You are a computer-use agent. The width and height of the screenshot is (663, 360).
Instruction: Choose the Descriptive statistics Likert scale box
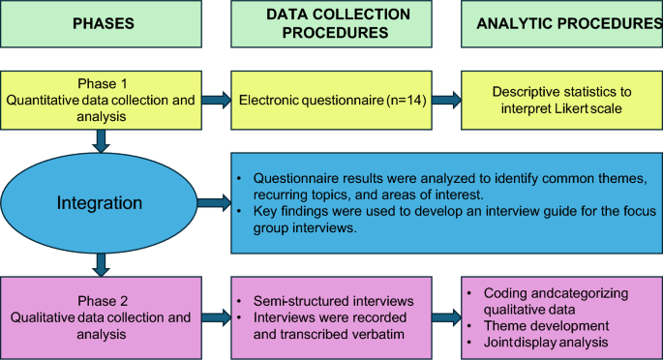(x=561, y=98)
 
